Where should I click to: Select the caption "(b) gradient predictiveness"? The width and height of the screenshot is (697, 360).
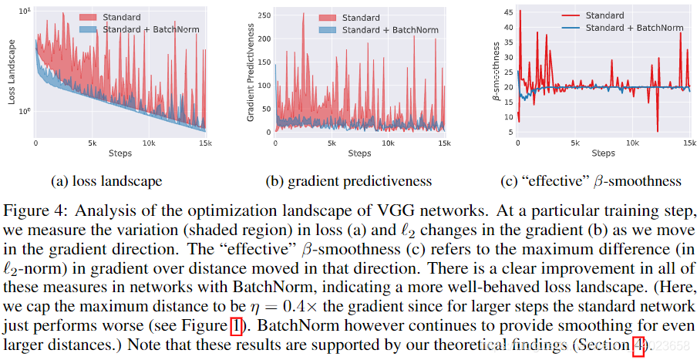[348, 182]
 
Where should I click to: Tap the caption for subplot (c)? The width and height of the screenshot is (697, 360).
[590, 182]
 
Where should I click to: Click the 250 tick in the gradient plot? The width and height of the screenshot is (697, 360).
[265, 15]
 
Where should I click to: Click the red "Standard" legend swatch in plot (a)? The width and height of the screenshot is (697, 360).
[89, 16]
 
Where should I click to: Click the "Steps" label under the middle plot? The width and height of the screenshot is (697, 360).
[359, 153]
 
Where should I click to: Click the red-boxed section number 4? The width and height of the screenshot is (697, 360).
[638, 344]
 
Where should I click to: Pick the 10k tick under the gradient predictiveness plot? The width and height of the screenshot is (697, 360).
[389, 143]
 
